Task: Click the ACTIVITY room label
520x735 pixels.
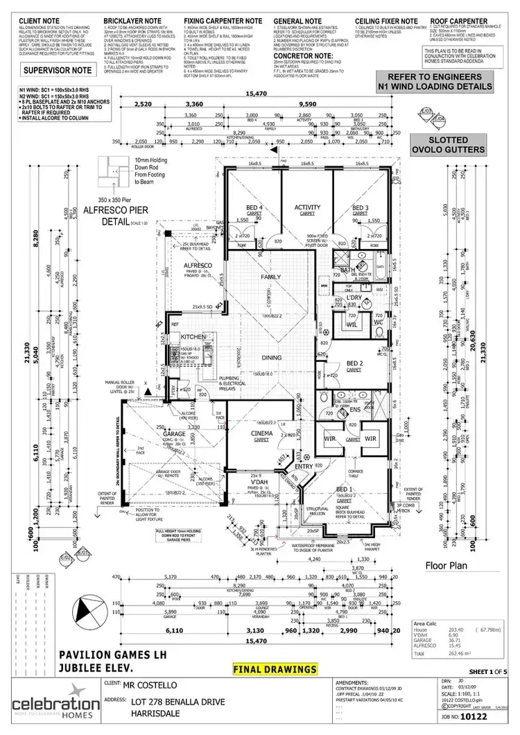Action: [306, 207]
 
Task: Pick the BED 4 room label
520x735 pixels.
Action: [254, 207]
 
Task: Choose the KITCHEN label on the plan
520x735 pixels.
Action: [193, 336]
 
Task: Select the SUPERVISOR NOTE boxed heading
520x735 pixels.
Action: [55, 71]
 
